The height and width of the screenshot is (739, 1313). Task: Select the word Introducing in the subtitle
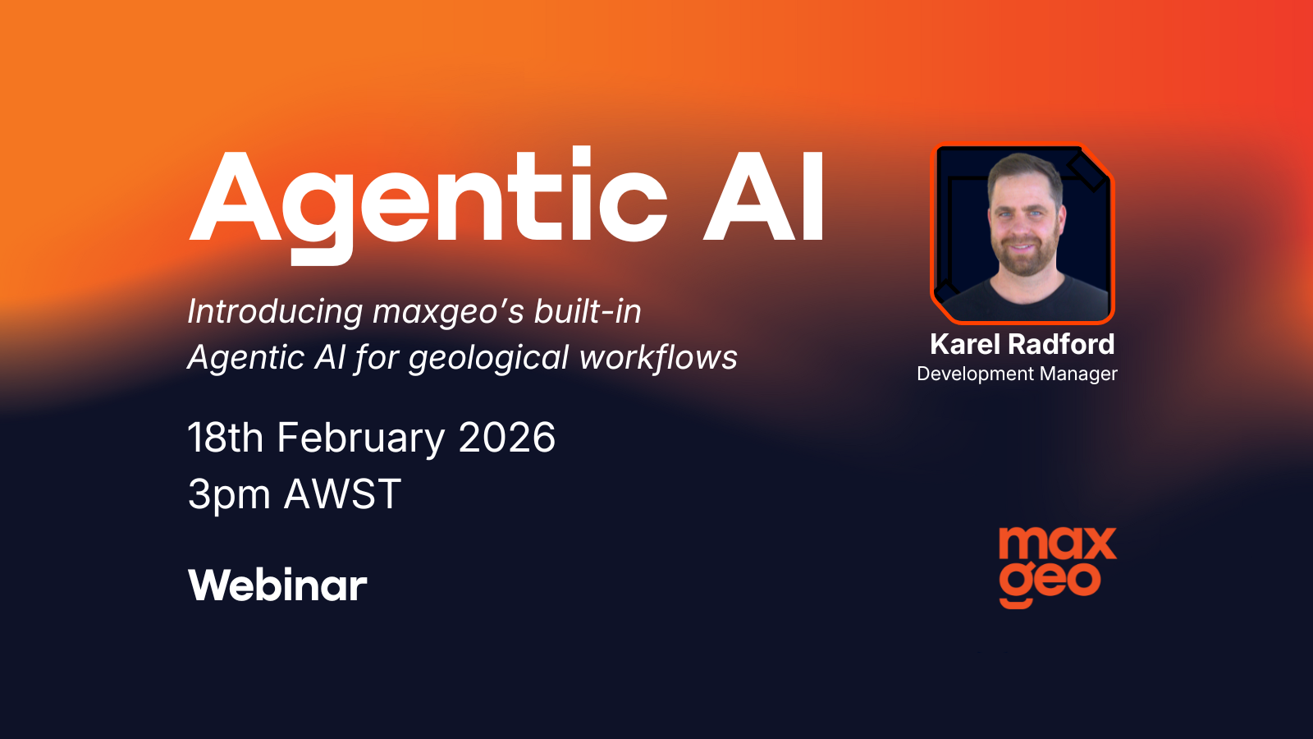(x=275, y=312)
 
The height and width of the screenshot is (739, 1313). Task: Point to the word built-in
(x=588, y=312)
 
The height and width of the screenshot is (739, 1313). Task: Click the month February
(x=361, y=438)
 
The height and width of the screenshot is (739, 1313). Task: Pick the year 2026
(x=507, y=438)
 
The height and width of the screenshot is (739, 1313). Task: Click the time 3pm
(x=229, y=495)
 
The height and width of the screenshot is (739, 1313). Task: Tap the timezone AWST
(x=342, y=495)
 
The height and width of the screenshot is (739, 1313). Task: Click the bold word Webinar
(x=277, y=585)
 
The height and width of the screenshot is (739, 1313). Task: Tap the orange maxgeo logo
(x=1057, y=567)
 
